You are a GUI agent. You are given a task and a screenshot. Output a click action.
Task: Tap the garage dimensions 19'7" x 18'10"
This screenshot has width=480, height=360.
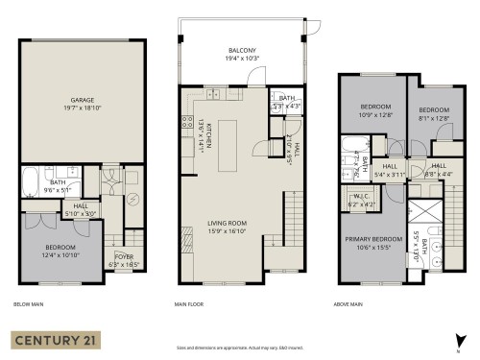coord(82,108)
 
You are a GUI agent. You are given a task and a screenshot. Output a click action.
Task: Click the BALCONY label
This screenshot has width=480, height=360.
coord(241,50)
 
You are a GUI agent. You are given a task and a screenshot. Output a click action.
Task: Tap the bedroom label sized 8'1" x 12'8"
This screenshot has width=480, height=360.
coord(433,110)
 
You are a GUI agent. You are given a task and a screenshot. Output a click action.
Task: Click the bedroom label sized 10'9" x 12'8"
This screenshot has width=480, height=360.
coord(376,107)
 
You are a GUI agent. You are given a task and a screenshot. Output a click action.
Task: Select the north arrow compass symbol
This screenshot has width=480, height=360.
coord(462,338)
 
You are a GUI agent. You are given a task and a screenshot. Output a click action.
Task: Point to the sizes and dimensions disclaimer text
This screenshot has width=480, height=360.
coord(240,347)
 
